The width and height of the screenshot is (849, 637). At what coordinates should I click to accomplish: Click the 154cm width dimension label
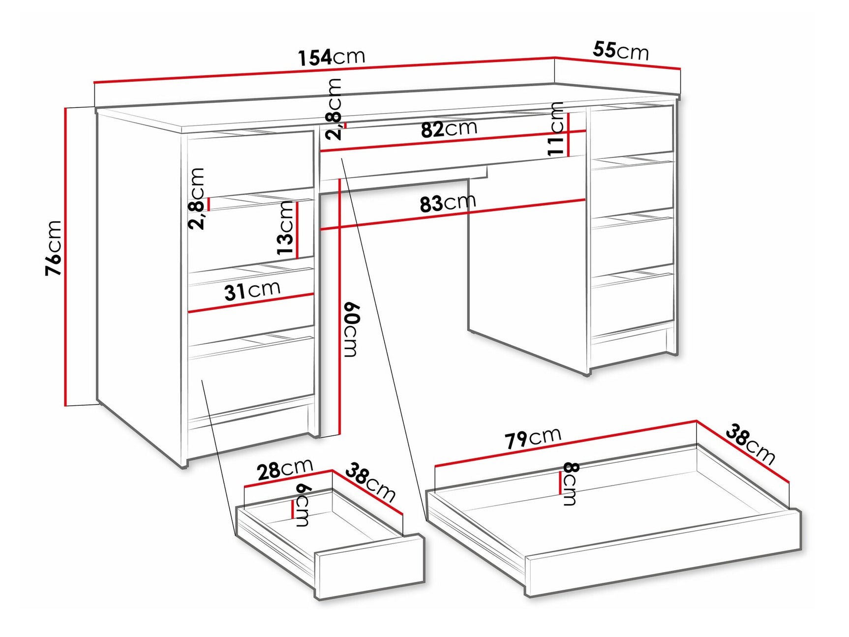332,57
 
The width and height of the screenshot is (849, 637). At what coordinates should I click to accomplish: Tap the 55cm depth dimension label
620,51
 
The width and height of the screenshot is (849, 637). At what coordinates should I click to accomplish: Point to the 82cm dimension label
449,129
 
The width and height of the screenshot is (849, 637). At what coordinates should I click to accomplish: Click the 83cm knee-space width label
448,202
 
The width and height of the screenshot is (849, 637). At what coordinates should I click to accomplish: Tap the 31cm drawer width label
252,290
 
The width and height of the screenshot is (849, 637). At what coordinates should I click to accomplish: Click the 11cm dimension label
556,129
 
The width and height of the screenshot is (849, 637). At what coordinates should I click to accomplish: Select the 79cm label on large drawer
532,438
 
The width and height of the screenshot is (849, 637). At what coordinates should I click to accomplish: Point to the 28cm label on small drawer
285,469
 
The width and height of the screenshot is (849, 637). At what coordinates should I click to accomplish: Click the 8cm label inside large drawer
570,484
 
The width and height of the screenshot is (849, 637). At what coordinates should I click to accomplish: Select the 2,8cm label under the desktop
334,109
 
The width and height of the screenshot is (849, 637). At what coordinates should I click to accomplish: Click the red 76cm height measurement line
64,256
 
